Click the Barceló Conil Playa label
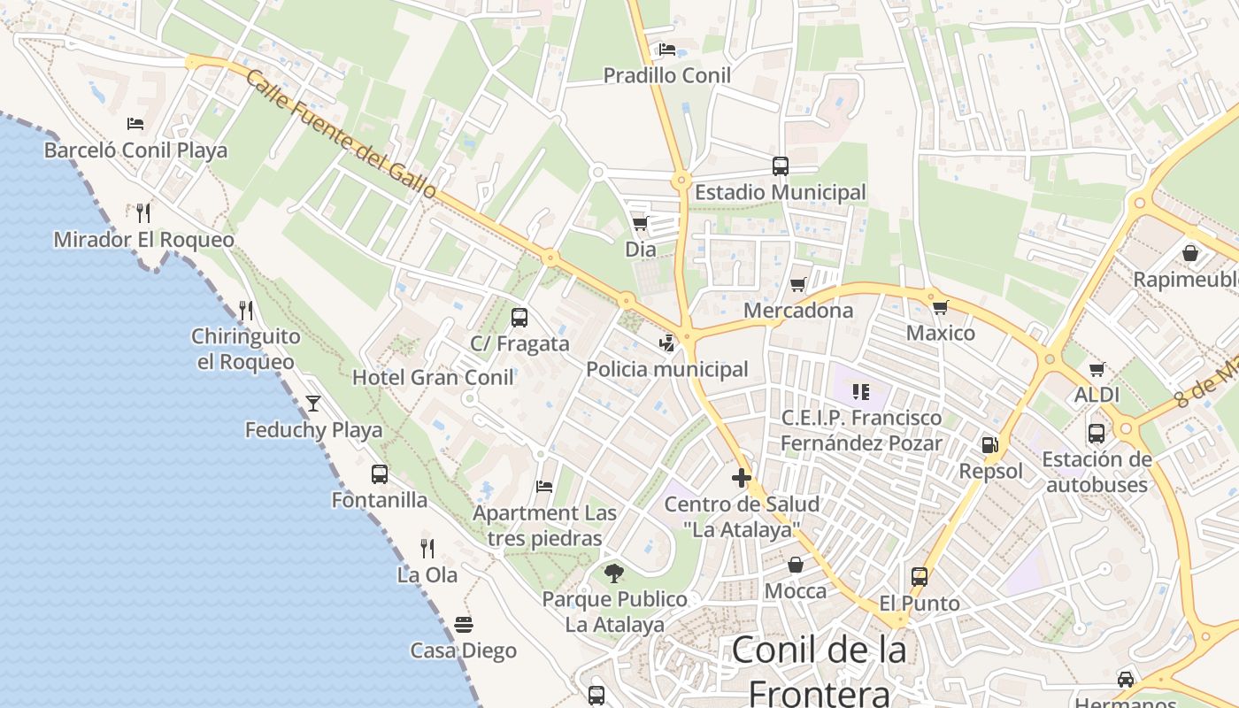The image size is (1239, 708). click(x=135, y=150)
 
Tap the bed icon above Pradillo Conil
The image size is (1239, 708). click(x=666, y=50)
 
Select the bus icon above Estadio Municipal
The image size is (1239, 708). click(x=780, y=165)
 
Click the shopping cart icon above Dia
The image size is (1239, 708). click(x=640, y=223)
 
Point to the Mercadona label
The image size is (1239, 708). click(x=798, y=311)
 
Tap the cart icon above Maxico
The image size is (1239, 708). click(x=940, y=307)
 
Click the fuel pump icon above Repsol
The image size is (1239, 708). click(x=989, y=444)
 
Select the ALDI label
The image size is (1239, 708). click(x=1097, y=395)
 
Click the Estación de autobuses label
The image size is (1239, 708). click(x=1097, y=472)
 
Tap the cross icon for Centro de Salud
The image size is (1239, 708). click(x=742, y=479)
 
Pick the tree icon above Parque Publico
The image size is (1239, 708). click(x=614, y=573)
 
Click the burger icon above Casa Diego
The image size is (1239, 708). click(x=464, y=625)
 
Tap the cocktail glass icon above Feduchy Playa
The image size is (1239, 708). click(x=313, y=404)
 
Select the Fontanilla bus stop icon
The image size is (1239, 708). click(x=380, y=473)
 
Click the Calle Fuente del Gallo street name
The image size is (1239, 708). click(x=341, y=135)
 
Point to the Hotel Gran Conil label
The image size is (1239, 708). click(x=433, y=378)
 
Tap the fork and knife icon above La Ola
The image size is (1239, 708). click(x=427, y=549)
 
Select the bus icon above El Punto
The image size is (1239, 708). click(x=920, y=577)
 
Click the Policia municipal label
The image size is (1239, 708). click(x=667, y=369)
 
